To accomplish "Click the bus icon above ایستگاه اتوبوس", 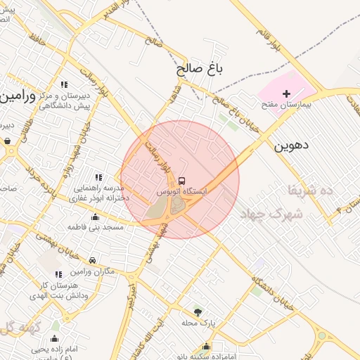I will pos(182,181).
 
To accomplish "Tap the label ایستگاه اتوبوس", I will pos(182,191).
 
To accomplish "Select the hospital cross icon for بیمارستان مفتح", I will pos(286,94).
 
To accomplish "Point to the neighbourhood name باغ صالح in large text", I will pos(199,69).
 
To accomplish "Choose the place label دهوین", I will pos(290,146).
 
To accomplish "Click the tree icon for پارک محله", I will pos(198,311).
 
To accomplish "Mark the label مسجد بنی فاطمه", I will pos(96,228).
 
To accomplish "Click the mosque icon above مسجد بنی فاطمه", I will pos(95,217).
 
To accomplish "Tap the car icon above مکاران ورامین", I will pos(92,261).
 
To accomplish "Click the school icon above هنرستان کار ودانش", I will pos(58,274).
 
